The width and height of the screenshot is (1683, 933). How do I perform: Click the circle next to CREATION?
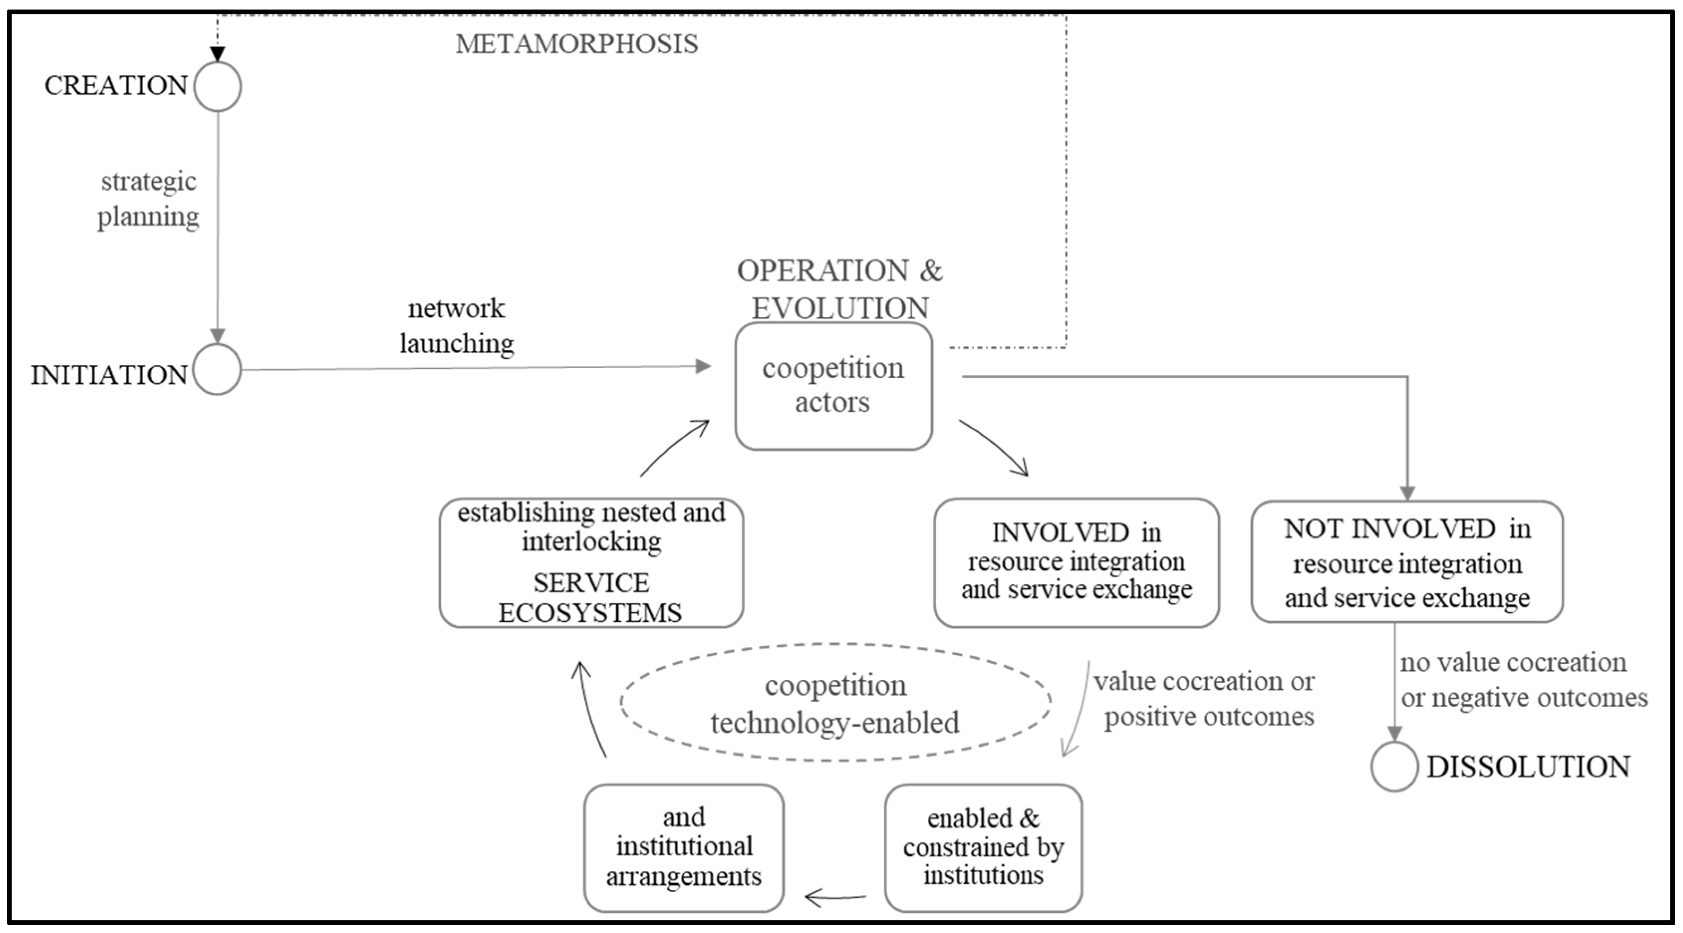tap(218, 86)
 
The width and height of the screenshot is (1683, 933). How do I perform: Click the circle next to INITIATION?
tap(218, 370)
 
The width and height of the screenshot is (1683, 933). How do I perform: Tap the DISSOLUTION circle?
tap(1394, 766)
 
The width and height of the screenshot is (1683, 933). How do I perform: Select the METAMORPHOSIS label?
tap(576, 44)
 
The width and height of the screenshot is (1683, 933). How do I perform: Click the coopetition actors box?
tap(833, 386)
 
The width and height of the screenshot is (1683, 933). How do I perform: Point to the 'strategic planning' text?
tap(149, 199)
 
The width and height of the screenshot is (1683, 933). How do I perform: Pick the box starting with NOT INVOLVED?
tap(1407, 562)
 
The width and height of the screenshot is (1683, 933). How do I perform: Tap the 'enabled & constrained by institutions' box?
tap(983, 847)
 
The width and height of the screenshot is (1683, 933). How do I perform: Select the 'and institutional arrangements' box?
tap(683, 847)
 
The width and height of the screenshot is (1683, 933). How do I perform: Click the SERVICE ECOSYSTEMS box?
tap(591, 562)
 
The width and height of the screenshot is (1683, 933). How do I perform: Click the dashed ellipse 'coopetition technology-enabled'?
tap(835, 703)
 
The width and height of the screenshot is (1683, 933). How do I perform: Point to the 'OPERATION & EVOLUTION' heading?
tap(840, 289)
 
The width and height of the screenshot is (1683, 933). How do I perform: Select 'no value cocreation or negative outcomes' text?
tap(1522, 679)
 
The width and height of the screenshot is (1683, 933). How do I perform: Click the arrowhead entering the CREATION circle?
tap(218, 54)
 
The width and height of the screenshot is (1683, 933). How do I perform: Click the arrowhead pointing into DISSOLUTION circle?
tap(1394, 733)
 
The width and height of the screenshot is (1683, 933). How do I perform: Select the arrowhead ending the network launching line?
tap(703, 366)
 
